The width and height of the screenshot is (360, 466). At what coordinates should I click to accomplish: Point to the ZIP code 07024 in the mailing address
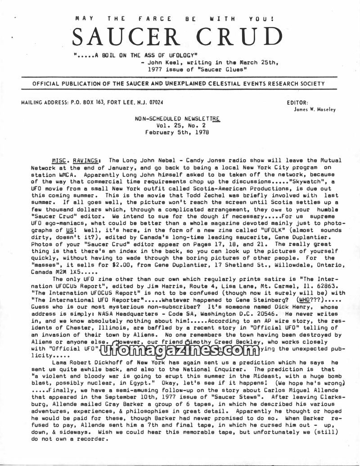[154, 103]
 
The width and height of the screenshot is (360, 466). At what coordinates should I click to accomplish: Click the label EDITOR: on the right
[297, 103]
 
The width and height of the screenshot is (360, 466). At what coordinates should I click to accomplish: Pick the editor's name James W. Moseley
[314, 109]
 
